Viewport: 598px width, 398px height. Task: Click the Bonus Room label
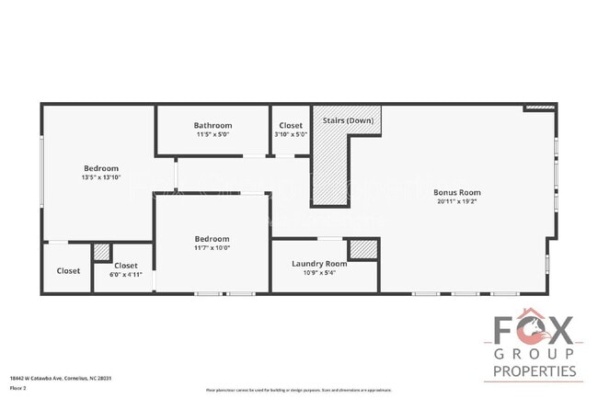click(x=457, y=192)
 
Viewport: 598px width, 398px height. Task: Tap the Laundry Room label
click(x=319, y=264)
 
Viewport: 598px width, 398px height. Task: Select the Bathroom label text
click(x=213, y=125)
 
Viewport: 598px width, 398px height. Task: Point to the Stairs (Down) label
click(x=348, y=120)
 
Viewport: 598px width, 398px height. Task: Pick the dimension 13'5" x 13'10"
click(x=101, y=177)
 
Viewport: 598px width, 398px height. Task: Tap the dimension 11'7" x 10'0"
click(x=211, y=247)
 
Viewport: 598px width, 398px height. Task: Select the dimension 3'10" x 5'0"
click(x=291, y=134)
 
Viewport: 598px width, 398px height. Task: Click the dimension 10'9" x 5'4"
click(x=319, y=272)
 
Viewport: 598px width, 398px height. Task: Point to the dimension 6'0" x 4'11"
click(x=126, y=274)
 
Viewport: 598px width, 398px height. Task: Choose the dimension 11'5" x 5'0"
click(x=213, y=134)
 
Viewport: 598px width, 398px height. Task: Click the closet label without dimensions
click(x=68, y=271)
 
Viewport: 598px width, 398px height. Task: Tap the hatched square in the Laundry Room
click(x=363, y=250)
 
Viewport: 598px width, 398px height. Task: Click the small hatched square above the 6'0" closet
click(x=102, y=251)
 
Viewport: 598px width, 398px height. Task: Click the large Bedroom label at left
click(x=101, y=168)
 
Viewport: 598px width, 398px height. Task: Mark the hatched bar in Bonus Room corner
click(x=540, y=108)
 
